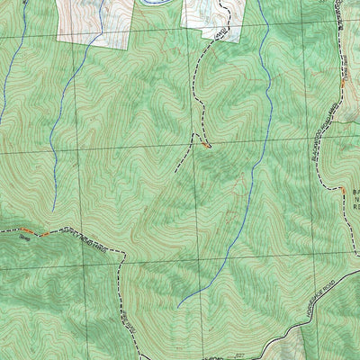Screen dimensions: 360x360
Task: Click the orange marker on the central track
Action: click(x=207, y=145)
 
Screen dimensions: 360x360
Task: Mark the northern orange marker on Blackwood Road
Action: click(x=343, y=83)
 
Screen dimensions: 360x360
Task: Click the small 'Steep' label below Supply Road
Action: click(x=25, y=239)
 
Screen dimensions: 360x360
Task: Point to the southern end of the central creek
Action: click(x=178, y=306)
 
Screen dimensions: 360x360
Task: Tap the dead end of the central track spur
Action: click(x=175, y=170)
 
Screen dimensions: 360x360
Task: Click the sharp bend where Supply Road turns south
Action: click(x=120, y=253)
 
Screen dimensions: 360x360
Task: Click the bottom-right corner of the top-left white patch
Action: click(x=129, y=41)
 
